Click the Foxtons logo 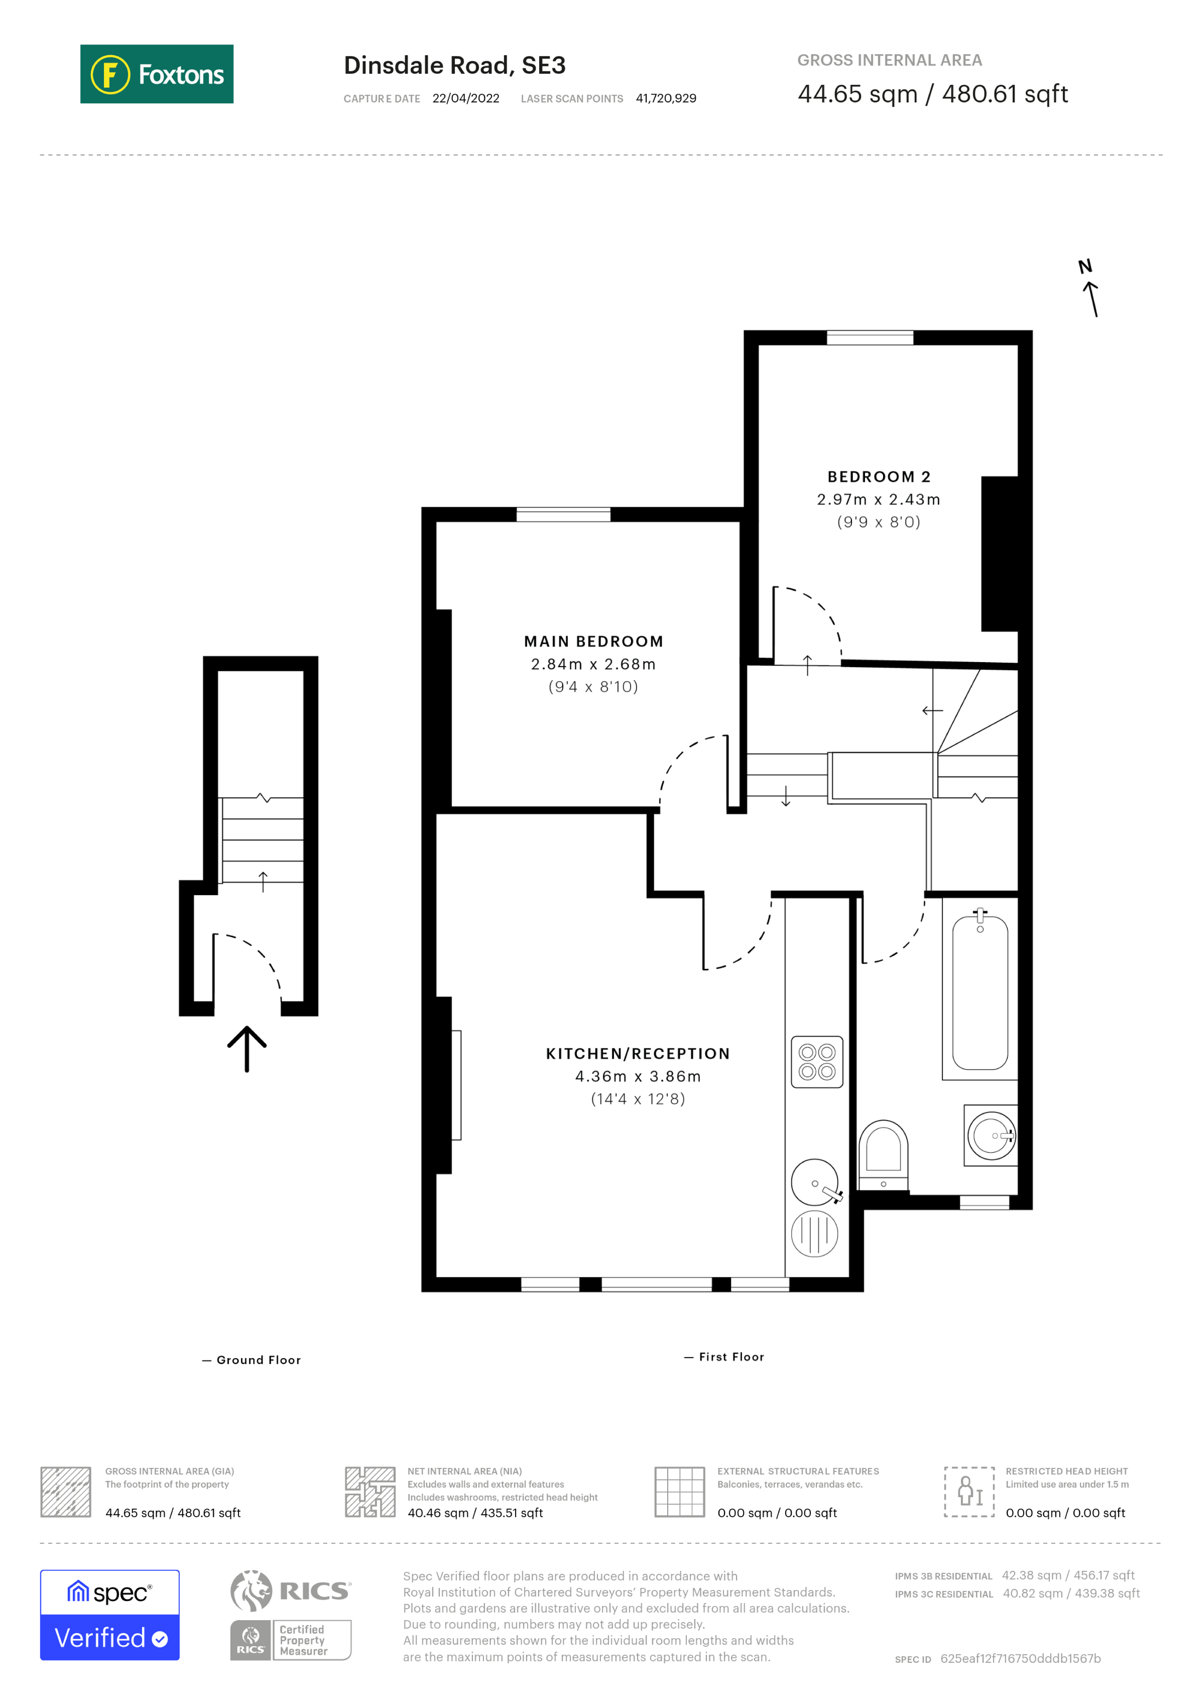(156, 74)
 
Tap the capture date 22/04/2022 (465, 98)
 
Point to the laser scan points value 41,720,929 (665, 98)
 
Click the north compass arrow (1090, 296)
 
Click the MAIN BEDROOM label (593, 641)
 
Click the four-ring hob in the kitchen (816, 1062)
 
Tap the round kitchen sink (815, 1183)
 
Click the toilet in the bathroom (883, 1153)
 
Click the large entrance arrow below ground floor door (247, 1048)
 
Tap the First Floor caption (731, 1357)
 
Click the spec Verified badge (109, 1615)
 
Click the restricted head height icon (969, 1492)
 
